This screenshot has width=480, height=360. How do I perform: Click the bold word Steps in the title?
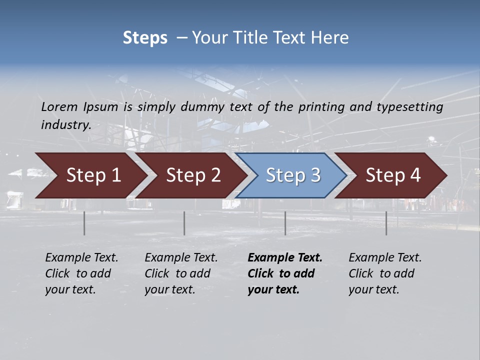145,38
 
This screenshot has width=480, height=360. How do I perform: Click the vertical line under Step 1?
84,223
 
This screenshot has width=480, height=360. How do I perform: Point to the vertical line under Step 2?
184,223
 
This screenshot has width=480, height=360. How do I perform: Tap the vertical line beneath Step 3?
285,223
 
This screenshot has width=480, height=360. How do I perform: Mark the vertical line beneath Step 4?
386,223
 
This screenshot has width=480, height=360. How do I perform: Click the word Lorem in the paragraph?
59,107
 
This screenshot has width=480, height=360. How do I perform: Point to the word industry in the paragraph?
66,125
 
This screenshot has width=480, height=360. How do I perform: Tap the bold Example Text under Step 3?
285,258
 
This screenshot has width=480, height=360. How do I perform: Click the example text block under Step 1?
81,273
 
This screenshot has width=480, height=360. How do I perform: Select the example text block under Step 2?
181,273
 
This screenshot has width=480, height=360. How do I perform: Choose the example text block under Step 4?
385,273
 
